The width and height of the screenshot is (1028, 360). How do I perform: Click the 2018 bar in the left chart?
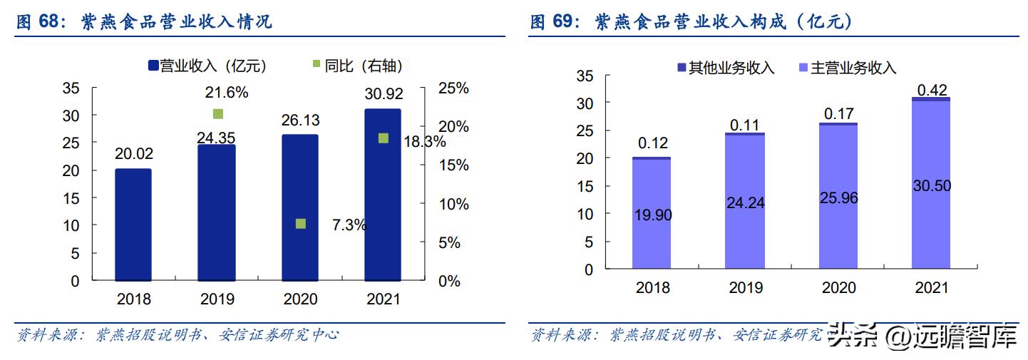[133, 225]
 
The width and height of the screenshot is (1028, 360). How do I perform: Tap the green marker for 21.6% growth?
[218, 114]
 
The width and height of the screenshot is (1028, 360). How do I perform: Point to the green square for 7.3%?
[300, 224]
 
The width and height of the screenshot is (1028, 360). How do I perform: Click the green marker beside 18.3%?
[383, 138]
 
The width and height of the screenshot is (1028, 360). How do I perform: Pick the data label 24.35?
[217, 137]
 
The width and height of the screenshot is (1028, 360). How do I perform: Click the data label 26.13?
[299, 122]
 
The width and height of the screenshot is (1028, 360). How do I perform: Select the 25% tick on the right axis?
[453, 88]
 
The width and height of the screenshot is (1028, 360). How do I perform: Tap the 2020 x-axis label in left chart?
[300, 299]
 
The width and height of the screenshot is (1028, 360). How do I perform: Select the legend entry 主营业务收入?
[853, 68]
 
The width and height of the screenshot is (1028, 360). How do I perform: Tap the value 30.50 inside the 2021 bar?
[931, 185]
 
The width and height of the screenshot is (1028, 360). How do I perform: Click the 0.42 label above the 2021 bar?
[931, 90]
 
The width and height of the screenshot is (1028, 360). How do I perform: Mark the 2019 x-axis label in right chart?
[746, 288]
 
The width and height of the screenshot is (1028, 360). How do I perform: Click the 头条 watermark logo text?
[853, 336]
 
